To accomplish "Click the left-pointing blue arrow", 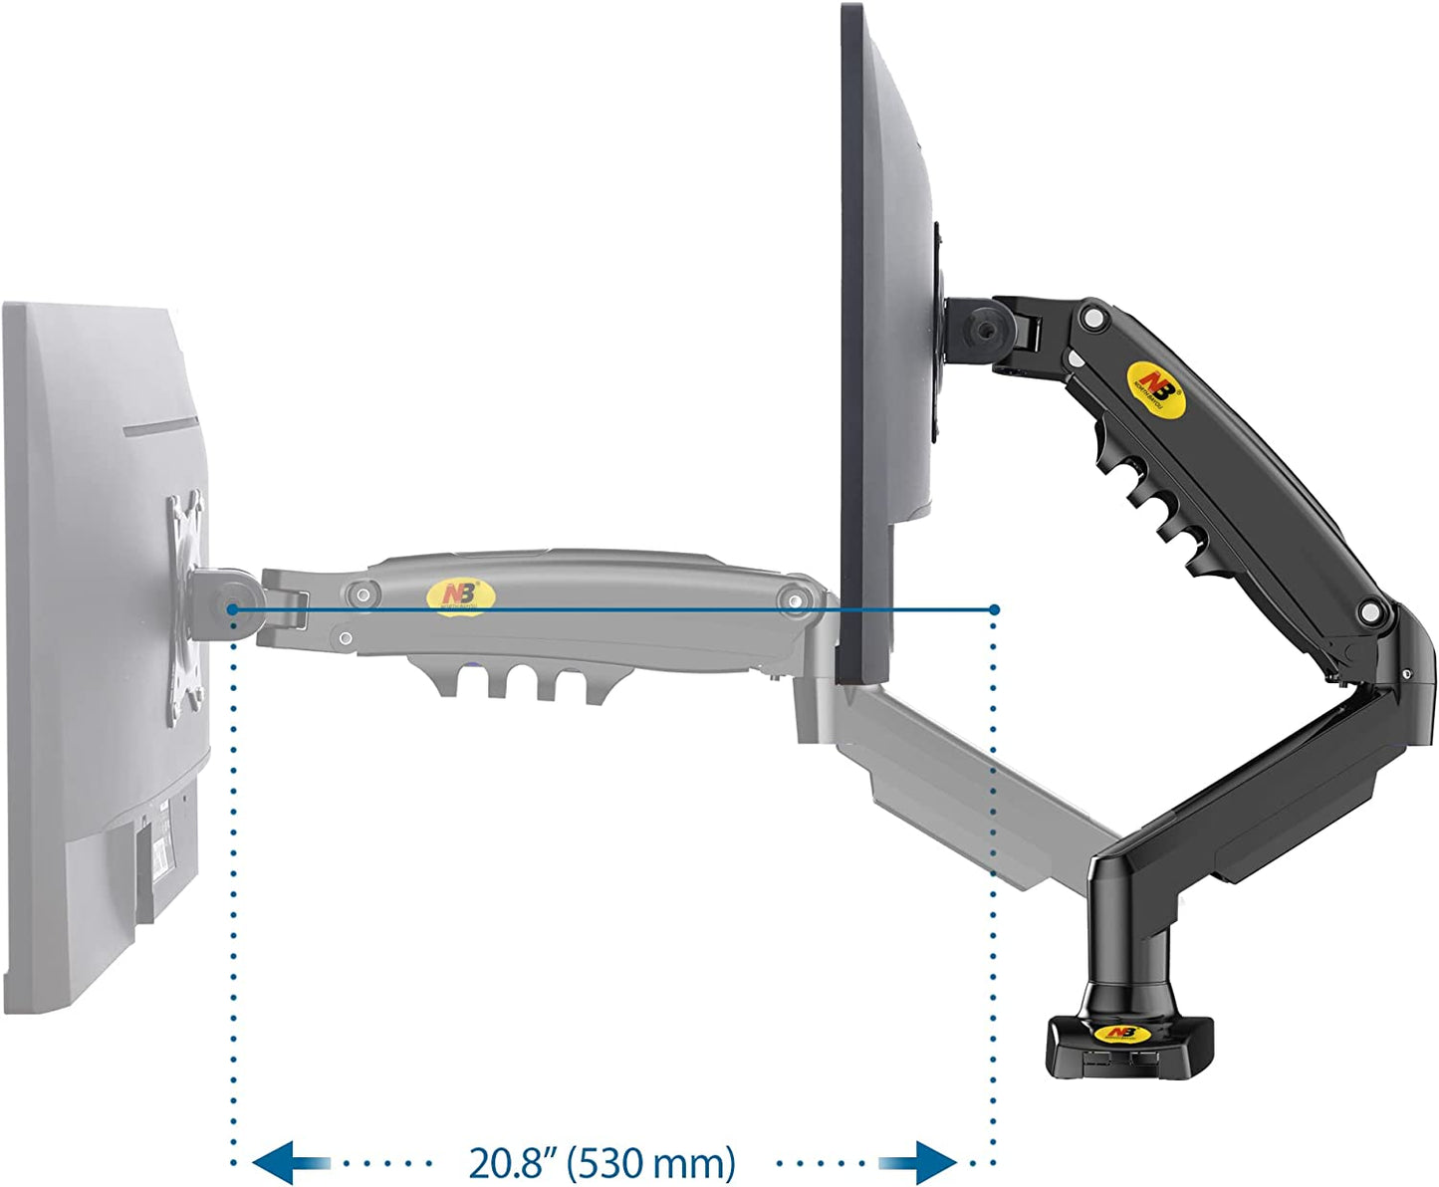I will (x=291, y=1162).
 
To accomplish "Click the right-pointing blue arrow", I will (x=917, y=1162).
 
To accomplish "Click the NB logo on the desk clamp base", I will (x=1122, y=1033).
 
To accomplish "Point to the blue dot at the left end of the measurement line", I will (x=231, y=608).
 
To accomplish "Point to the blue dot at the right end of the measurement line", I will (x=994, y=608).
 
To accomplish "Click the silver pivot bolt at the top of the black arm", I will (x=1094, y=319).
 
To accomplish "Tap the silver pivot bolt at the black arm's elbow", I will (x=1372, y=612).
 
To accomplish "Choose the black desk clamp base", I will (x=1128, y=1046).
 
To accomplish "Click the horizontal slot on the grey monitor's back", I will (x=164, y=427).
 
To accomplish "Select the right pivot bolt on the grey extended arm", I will (x=794, y=599).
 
